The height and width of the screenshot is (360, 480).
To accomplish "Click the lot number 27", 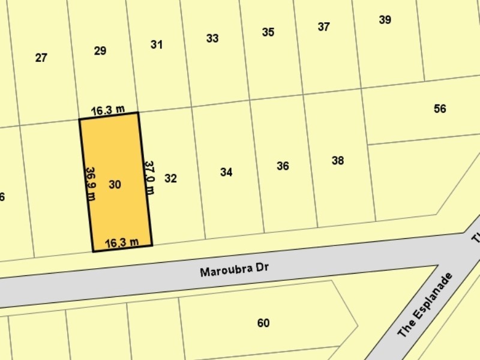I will [41, 58].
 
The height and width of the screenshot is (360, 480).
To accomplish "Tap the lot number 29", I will [100, 51].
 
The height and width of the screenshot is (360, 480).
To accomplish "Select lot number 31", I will [157, 44].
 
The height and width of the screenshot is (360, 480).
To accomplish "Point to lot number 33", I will [212, 38].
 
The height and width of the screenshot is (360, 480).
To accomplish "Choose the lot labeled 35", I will [268, 32].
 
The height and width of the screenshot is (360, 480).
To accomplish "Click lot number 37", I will [324, 26].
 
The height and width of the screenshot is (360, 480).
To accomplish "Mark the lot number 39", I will [385, 20].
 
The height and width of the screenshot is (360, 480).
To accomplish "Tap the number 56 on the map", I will [440, 109].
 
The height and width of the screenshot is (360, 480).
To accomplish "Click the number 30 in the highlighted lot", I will [115, 185].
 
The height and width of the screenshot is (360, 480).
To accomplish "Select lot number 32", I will [170, 178].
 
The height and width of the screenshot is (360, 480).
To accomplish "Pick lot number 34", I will [226, 172].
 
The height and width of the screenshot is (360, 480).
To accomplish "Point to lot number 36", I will [283, 166].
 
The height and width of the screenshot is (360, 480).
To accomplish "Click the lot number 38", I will [338, 160].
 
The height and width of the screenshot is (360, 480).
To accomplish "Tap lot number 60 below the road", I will [263, 323].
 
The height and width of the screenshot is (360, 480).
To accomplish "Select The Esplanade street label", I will [425, 305].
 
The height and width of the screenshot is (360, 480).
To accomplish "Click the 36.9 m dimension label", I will [91, 184].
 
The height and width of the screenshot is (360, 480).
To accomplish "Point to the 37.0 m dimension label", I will [149, 177].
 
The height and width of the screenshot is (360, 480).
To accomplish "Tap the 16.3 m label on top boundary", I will [108, 110].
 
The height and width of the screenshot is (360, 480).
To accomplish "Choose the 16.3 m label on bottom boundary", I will [122, 242].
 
